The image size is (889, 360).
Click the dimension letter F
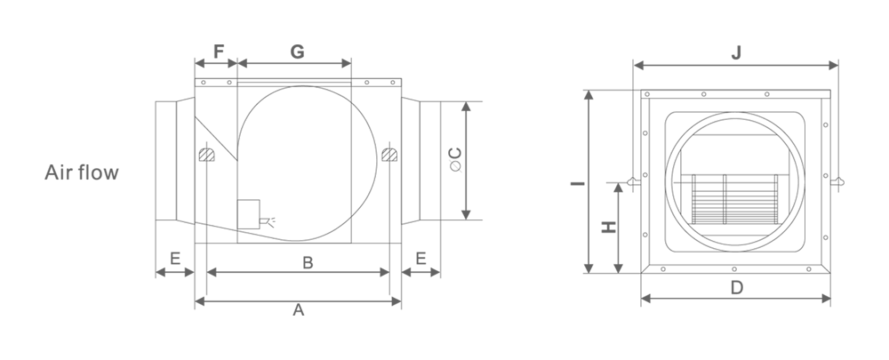tap(219, 52)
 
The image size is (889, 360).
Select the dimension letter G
tap(297, 52)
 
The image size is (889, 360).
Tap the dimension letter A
tap(298, 310)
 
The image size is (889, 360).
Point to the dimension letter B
tap(308, 262)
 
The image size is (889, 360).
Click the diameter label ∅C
tap(455, 160)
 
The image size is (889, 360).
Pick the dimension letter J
tap(736, 52)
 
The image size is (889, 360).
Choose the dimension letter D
tap(736, 288)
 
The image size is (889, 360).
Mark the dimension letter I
tap(578, 183)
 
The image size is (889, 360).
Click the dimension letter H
tap(608, 228)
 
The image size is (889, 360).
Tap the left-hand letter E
tap(175, 259)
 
